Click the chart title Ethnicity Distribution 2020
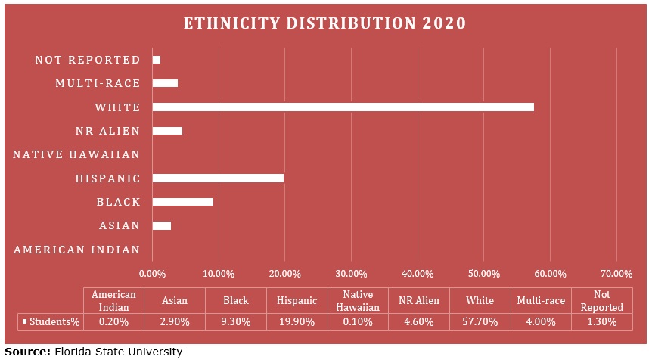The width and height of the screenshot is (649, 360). click(324, 23)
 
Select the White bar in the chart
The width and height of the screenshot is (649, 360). click(343, 107)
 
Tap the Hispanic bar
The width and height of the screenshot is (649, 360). click(218, 178)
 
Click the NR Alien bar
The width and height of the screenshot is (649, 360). click(167, 131)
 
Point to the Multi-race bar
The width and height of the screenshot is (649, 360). click(165, 83)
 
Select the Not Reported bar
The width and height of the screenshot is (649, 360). click(157, 59)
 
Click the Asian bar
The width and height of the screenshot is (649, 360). click(161, 225)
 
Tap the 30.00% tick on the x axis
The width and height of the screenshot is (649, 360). click(351, 273)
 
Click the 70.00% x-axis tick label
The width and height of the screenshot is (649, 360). click(616, 273)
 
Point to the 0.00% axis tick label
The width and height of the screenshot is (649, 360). click(152, 273)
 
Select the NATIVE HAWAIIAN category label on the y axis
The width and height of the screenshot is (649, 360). click(76, 155)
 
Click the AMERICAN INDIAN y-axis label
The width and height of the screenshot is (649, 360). click(76, 250)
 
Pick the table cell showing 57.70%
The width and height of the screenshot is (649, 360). click(480, 321)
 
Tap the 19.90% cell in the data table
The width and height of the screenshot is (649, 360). click(297, 321)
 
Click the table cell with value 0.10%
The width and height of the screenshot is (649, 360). click(358, 321)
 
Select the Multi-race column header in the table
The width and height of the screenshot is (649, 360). click(541, 300)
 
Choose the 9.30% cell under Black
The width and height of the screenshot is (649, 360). click(235, 321)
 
